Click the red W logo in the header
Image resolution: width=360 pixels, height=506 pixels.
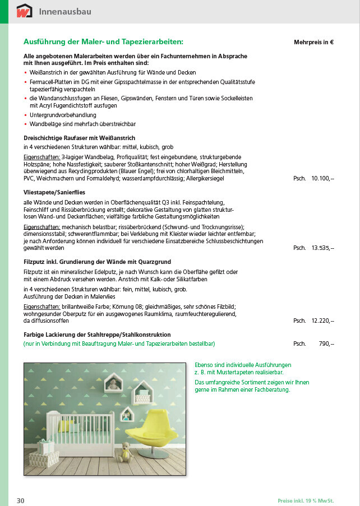click(x=25, y=11)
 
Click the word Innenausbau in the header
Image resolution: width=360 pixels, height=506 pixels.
click(x=65, y=12)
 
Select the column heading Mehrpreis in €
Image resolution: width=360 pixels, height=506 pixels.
click(x=313, y=42)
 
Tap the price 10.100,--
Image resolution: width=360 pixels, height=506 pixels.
click(x=322, y=178)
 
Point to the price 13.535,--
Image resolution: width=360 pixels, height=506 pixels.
click(x=322, y=247)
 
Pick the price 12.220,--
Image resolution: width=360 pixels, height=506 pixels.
click(x=322, y=321)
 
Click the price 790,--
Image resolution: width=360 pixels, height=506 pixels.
click(x=326, y=343)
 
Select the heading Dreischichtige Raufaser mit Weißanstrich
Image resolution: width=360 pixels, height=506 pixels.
click(x=79, y=137)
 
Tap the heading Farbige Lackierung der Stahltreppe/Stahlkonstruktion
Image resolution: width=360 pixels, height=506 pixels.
click(x=97, y=335)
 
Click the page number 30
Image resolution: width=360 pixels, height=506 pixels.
click(x=20, y=500)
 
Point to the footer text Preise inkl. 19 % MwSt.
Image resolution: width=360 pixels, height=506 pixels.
click(x=309, y=500)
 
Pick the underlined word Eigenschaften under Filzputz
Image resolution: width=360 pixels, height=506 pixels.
click(x=41, y=307)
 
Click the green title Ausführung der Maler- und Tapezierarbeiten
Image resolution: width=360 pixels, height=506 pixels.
click(x=103, y=41)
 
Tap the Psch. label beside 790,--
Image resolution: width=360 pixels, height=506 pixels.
click(x=299, y=343)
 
